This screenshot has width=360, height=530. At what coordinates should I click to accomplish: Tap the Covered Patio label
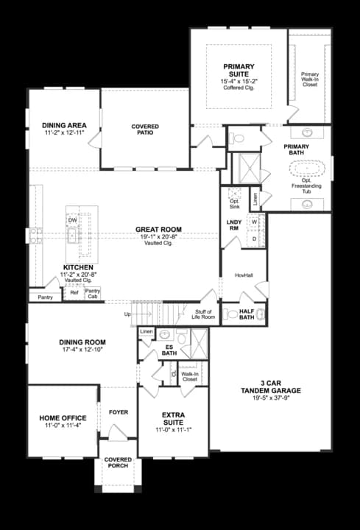(x=145, y=130)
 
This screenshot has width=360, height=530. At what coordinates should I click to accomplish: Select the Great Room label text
(x=158, y=230)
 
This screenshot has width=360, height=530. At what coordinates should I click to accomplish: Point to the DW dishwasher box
(x=72, y=220)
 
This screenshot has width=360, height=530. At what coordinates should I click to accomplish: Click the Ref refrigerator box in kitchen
(x=74, y=293)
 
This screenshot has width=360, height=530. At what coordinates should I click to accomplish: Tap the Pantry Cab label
(x=93, y=293)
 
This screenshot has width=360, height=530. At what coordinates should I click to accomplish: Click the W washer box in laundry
(x=254, y=222)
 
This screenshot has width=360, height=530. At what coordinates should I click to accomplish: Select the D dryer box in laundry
(x=254, y=239)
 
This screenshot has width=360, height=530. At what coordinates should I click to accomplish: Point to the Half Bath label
(x=246, y=314)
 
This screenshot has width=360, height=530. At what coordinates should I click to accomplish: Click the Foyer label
(x=118, y=412)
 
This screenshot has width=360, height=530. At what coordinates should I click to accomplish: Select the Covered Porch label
(x=118, y=462)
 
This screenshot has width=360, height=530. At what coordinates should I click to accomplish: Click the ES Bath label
(x=169, y=350)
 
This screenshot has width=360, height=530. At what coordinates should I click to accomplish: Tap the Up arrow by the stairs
(x=128, y=315)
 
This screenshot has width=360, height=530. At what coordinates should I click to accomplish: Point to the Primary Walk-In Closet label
(x=310, y=79)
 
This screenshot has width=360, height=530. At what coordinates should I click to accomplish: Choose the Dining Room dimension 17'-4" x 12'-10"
(x=82, y=350)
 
